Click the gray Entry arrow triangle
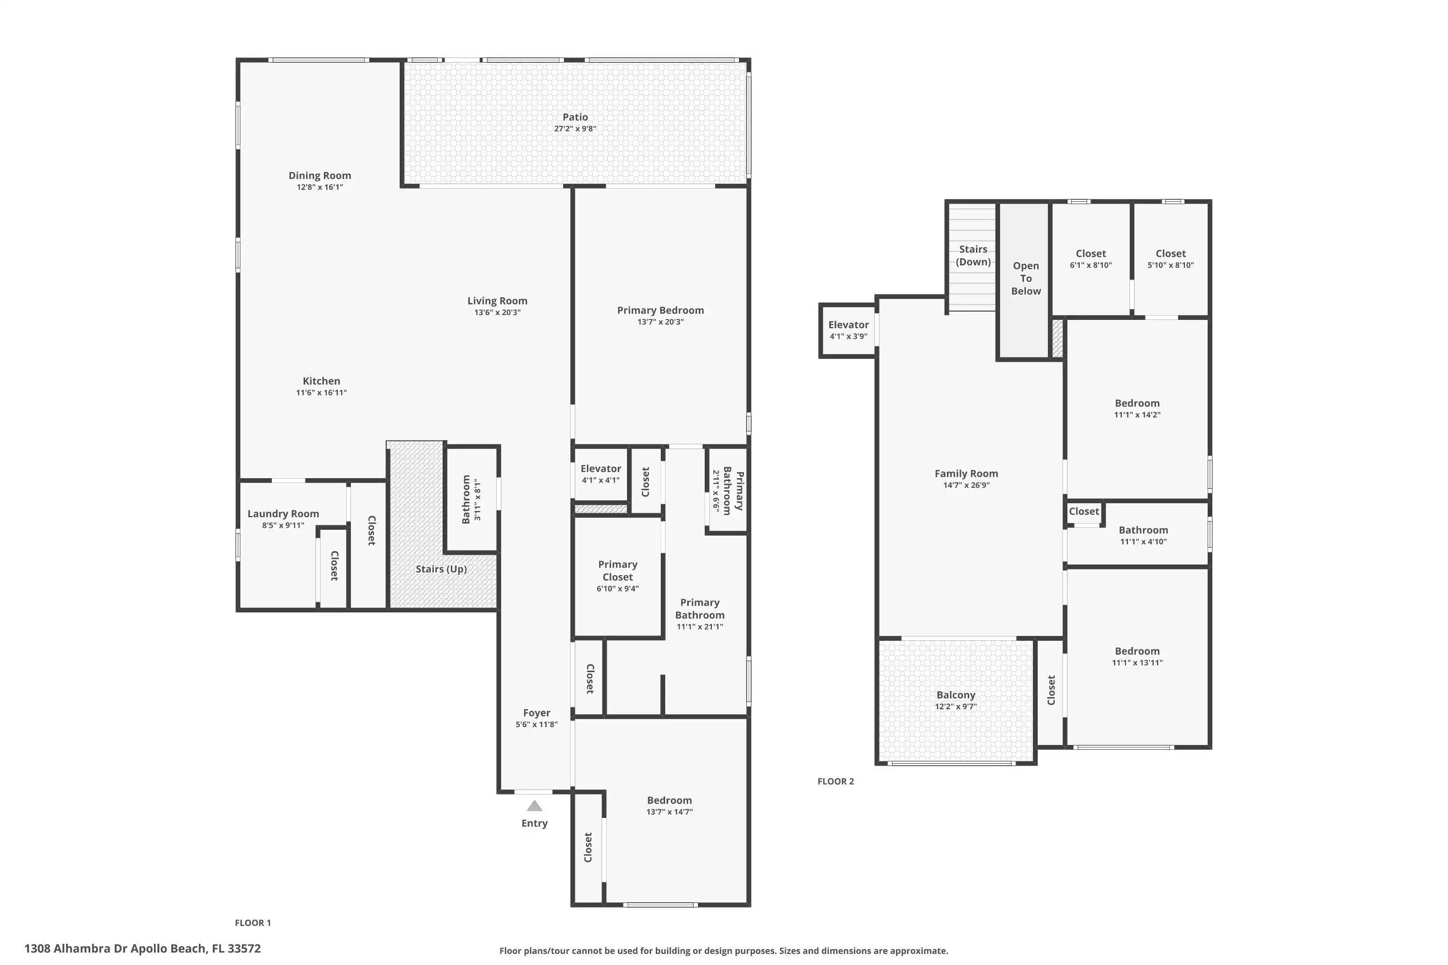pos(534,806)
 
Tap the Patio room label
pos(575,117)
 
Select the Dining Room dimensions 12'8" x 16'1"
pos(320,187)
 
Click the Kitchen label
pos(321,381)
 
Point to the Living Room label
pos(498,301)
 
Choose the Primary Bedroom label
pos(661,310)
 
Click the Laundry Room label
pos(283,514)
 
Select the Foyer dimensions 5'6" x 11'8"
pos(537,724)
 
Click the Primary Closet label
pos(617,570)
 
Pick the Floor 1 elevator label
pos(601,469)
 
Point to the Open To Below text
pos(1026,278)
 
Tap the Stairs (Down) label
pos(974,255)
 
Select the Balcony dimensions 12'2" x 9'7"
pos(956,706)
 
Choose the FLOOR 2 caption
pos(836,782)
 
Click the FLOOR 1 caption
pos(253,923)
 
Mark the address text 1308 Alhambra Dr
pos(76,949)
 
